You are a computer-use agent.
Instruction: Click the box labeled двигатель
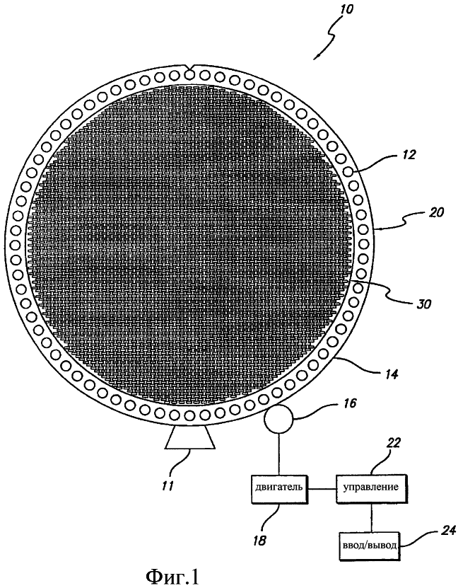tap(279, 489)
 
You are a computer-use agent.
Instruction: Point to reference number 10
tap(346, 8)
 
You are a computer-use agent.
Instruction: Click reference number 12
tap(409, 155)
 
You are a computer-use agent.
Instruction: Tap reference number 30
tap(423, 303)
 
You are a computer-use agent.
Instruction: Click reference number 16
tap(348, 403)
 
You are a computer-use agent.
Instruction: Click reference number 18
tap(260, 541)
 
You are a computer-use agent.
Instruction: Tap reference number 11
tap(168, 486)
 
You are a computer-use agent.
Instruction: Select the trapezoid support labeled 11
tap(191, 438)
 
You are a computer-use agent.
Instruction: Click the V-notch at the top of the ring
tap(190, 67)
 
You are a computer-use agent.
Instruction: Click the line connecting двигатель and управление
tap(322, 489)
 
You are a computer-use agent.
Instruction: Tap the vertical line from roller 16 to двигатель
tap(278, 454)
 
